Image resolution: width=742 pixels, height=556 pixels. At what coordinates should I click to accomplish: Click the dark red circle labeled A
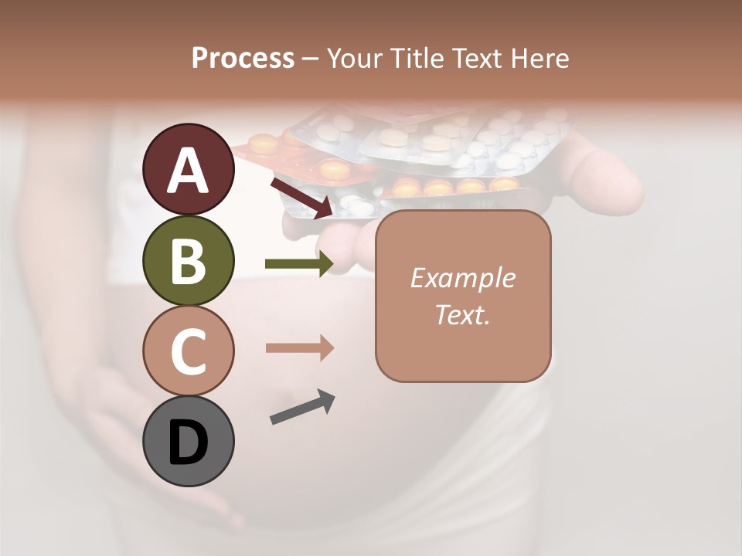pyautogui.click(x=189, y=169)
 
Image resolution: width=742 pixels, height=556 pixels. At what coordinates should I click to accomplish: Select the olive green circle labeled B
pyautogui.click(x=189, y=260)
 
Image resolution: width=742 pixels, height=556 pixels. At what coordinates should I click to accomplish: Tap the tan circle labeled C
pyautogui.click(x=189, y=351)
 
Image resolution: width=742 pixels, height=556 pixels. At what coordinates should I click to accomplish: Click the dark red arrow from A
pyautogui.click(x=301, y=198)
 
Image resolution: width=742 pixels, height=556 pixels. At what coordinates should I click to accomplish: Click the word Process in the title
pyautogui.click(x=243, y=58)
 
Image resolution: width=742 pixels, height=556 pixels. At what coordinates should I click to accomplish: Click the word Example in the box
pyautogui.click(x=463, y=278)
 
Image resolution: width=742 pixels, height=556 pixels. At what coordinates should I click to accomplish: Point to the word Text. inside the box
pyautogui.click(x=463, y=314)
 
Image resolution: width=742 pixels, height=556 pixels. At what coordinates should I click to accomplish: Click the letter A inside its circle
pyautogui.click(x=189, y=171)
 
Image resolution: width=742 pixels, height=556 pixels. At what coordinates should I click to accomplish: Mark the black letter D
pyautogui.click(x=189, y=443)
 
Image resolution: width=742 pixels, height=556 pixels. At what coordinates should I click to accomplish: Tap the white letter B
pyautogui.click(x=189, y=261)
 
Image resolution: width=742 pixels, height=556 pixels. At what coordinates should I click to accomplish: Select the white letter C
pyautogui.click(x=189, y=351)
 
